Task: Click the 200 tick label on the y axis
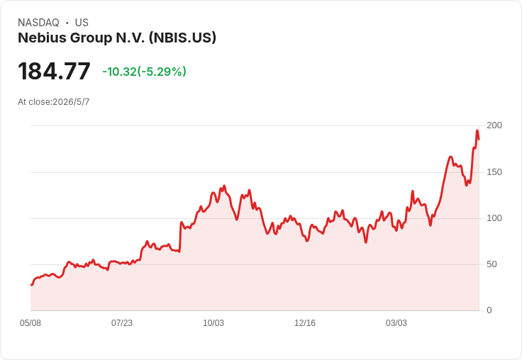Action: pos(494,125)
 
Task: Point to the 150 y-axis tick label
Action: pos(494,172)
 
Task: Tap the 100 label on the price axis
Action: pos(494,218)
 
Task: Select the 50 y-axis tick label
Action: pos(492,264)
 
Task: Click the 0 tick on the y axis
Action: pos(489,310)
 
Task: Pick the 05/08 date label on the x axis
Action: pos(30,323)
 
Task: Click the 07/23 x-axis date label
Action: pos(122,323)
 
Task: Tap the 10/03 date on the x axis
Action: pos(213,323)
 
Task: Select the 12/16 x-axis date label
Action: pos(305,323)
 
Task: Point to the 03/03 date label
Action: pos(396,323)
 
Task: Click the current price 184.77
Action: pos(54,71)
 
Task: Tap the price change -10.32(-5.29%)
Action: pos(144,72)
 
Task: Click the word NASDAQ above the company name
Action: pos(38,23)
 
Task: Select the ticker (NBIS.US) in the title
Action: pos(182,38)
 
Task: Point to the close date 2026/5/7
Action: pos(71,102)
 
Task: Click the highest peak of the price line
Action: pos(477,130)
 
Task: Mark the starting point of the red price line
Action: pos(31,285)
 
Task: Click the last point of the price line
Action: pos(479,140)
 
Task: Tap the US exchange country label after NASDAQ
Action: pos(82,23)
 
